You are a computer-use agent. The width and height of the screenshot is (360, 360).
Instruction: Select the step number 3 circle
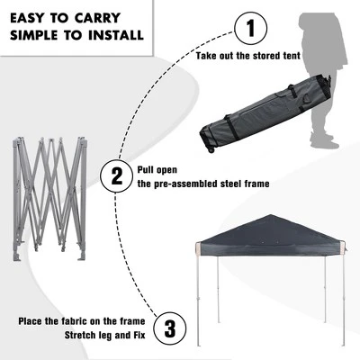(x=171, y=328)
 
